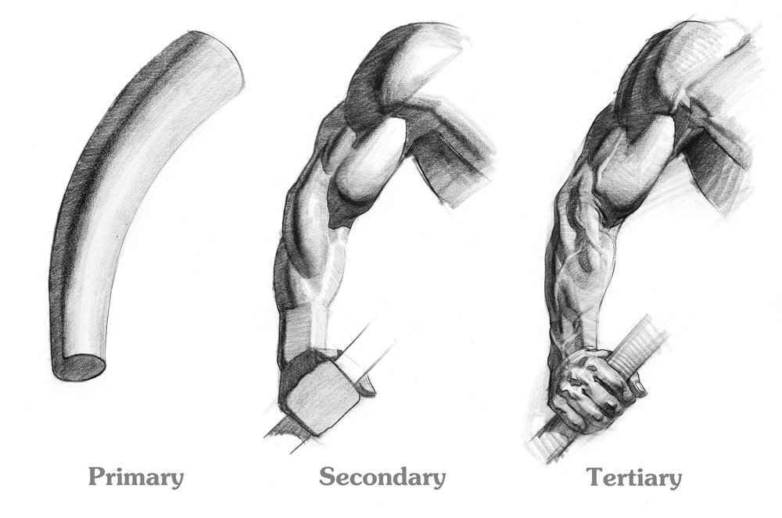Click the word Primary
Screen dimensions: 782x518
pyautogui.click(x=136, y=477)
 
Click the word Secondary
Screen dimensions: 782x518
pyautogui.click(x=382, y=477)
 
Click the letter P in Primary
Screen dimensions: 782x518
pyautogui.click(x=97, y=476)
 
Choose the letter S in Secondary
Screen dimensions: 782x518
pyautogui.click(x=327, y=476)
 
